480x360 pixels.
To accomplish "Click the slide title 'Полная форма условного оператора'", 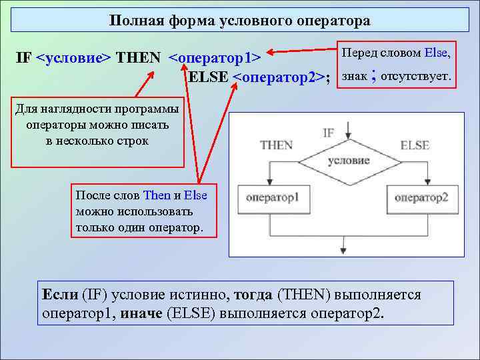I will coord(240,21).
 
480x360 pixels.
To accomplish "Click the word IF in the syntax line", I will coord(23,57).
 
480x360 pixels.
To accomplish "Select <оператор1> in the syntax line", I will coord(218,57).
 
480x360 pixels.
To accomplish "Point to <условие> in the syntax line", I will coord(74,57).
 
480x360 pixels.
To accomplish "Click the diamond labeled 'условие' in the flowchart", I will coord(349,161).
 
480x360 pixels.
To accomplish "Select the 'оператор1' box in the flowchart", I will coord(272,197).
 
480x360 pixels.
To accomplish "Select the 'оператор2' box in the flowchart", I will coord(421,197).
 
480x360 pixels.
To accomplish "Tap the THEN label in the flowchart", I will coord(276,145).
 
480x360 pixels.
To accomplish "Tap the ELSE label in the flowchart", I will coord(415,145).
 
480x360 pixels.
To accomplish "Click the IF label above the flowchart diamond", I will coord(328,133).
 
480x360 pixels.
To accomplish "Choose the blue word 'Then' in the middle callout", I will coord(157,195).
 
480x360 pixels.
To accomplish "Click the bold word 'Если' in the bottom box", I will coord(60,294).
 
